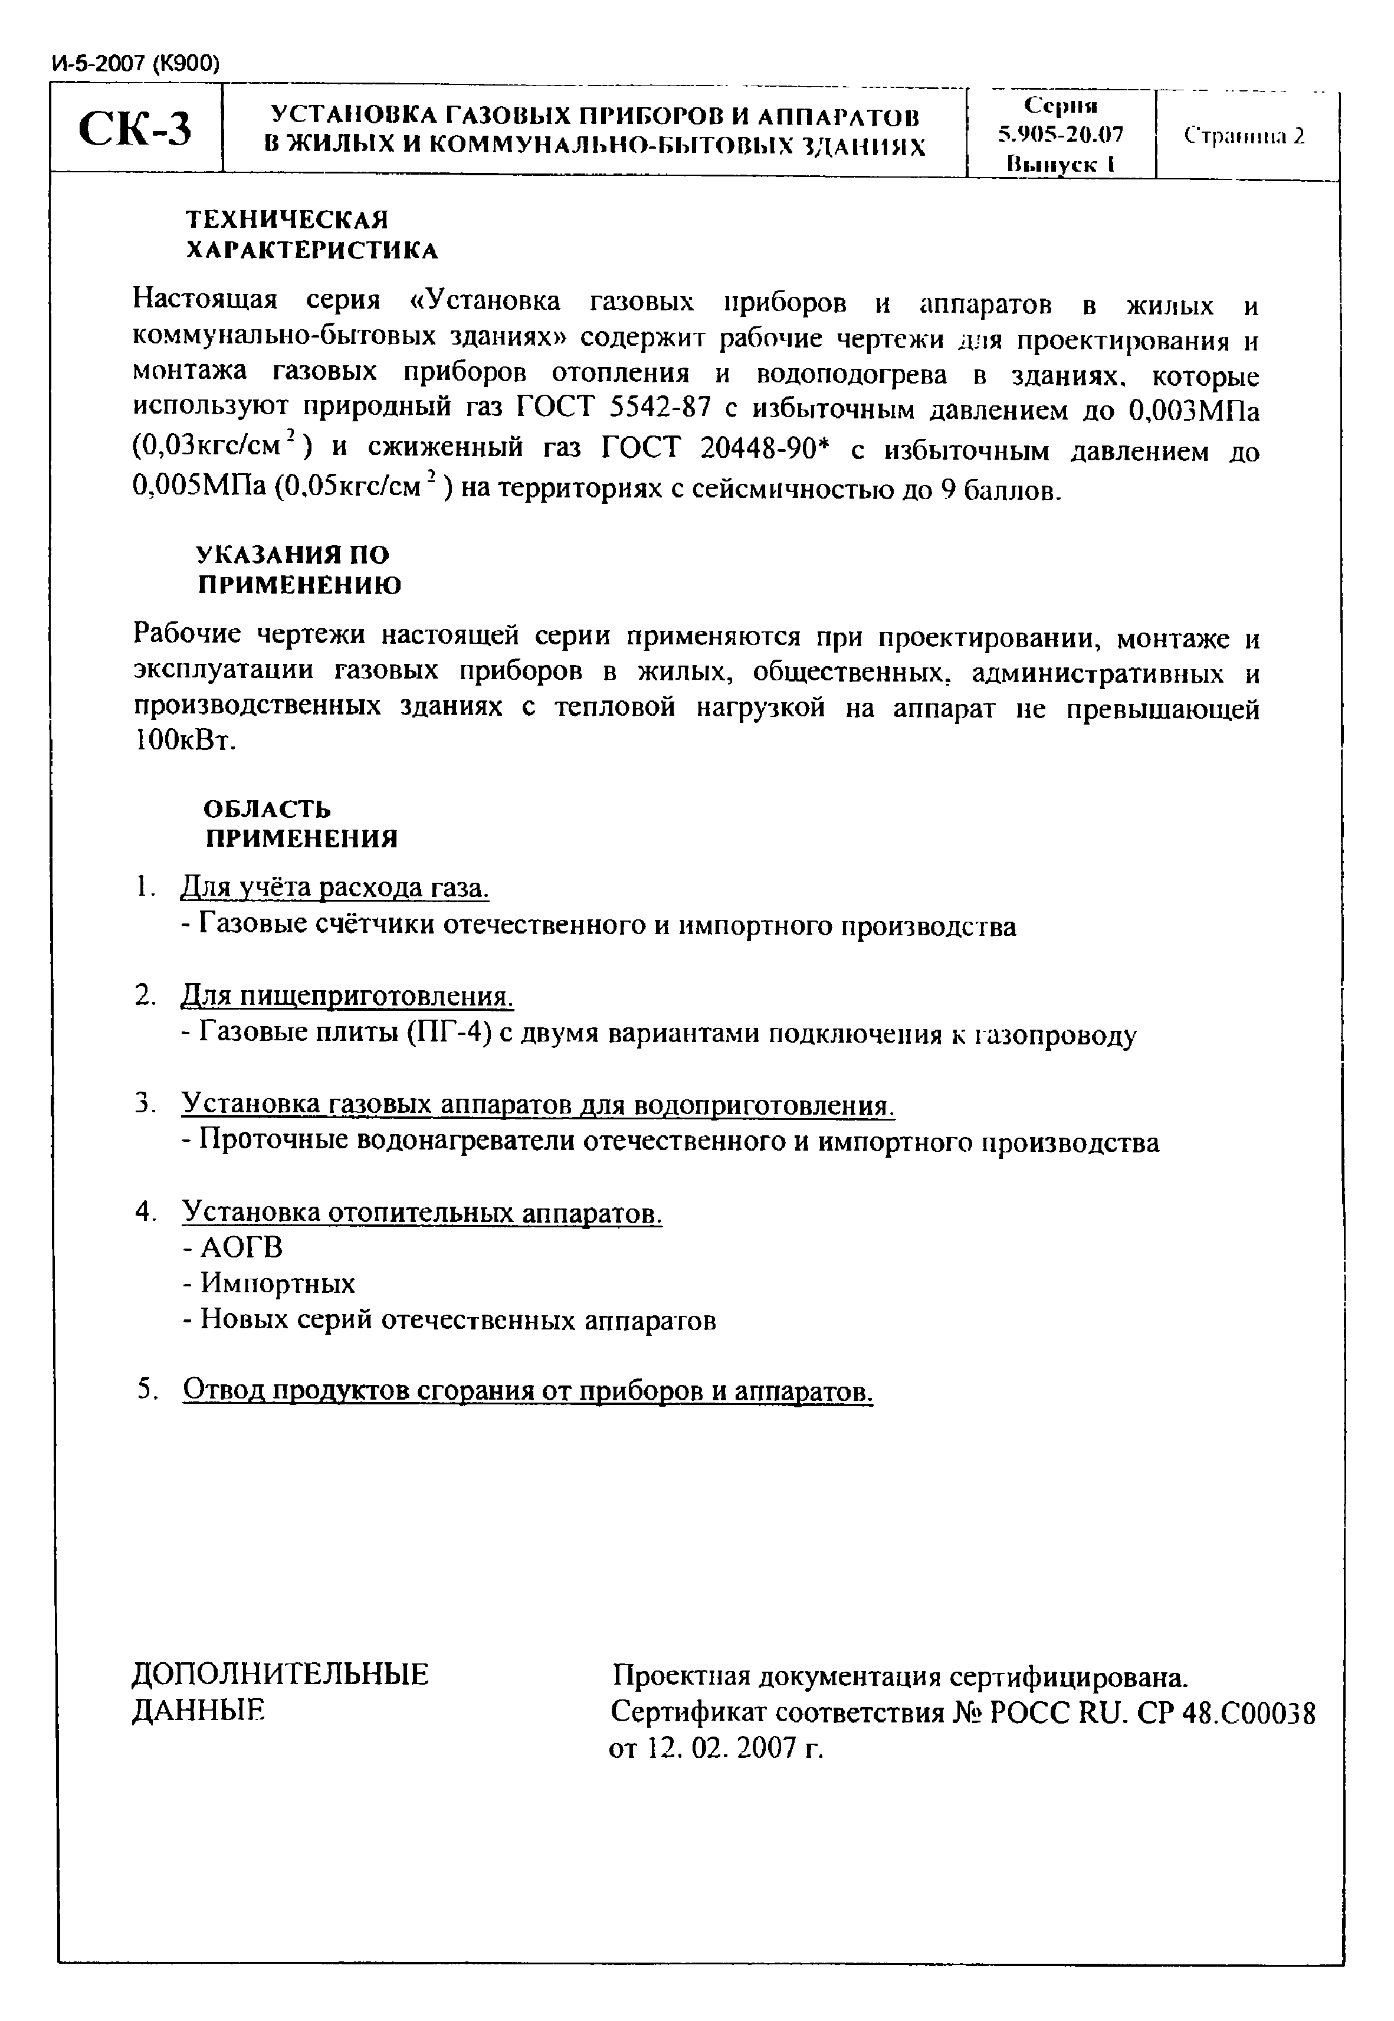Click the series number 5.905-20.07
[1060, 135]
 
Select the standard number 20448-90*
[765, 449]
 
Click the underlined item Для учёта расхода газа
[334, 888]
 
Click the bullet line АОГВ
[234, 1248]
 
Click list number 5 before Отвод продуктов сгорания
[146, 1390]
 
